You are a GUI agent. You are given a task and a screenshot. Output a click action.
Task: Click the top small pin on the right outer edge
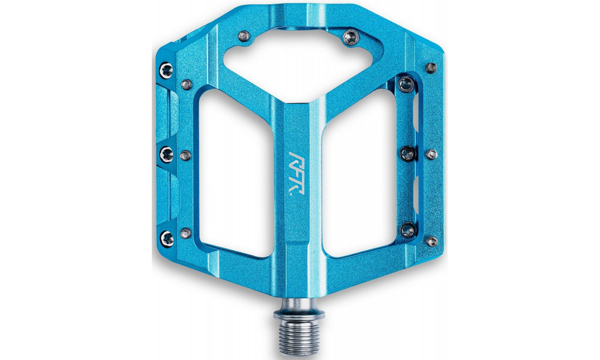click(x=431, y=67)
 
